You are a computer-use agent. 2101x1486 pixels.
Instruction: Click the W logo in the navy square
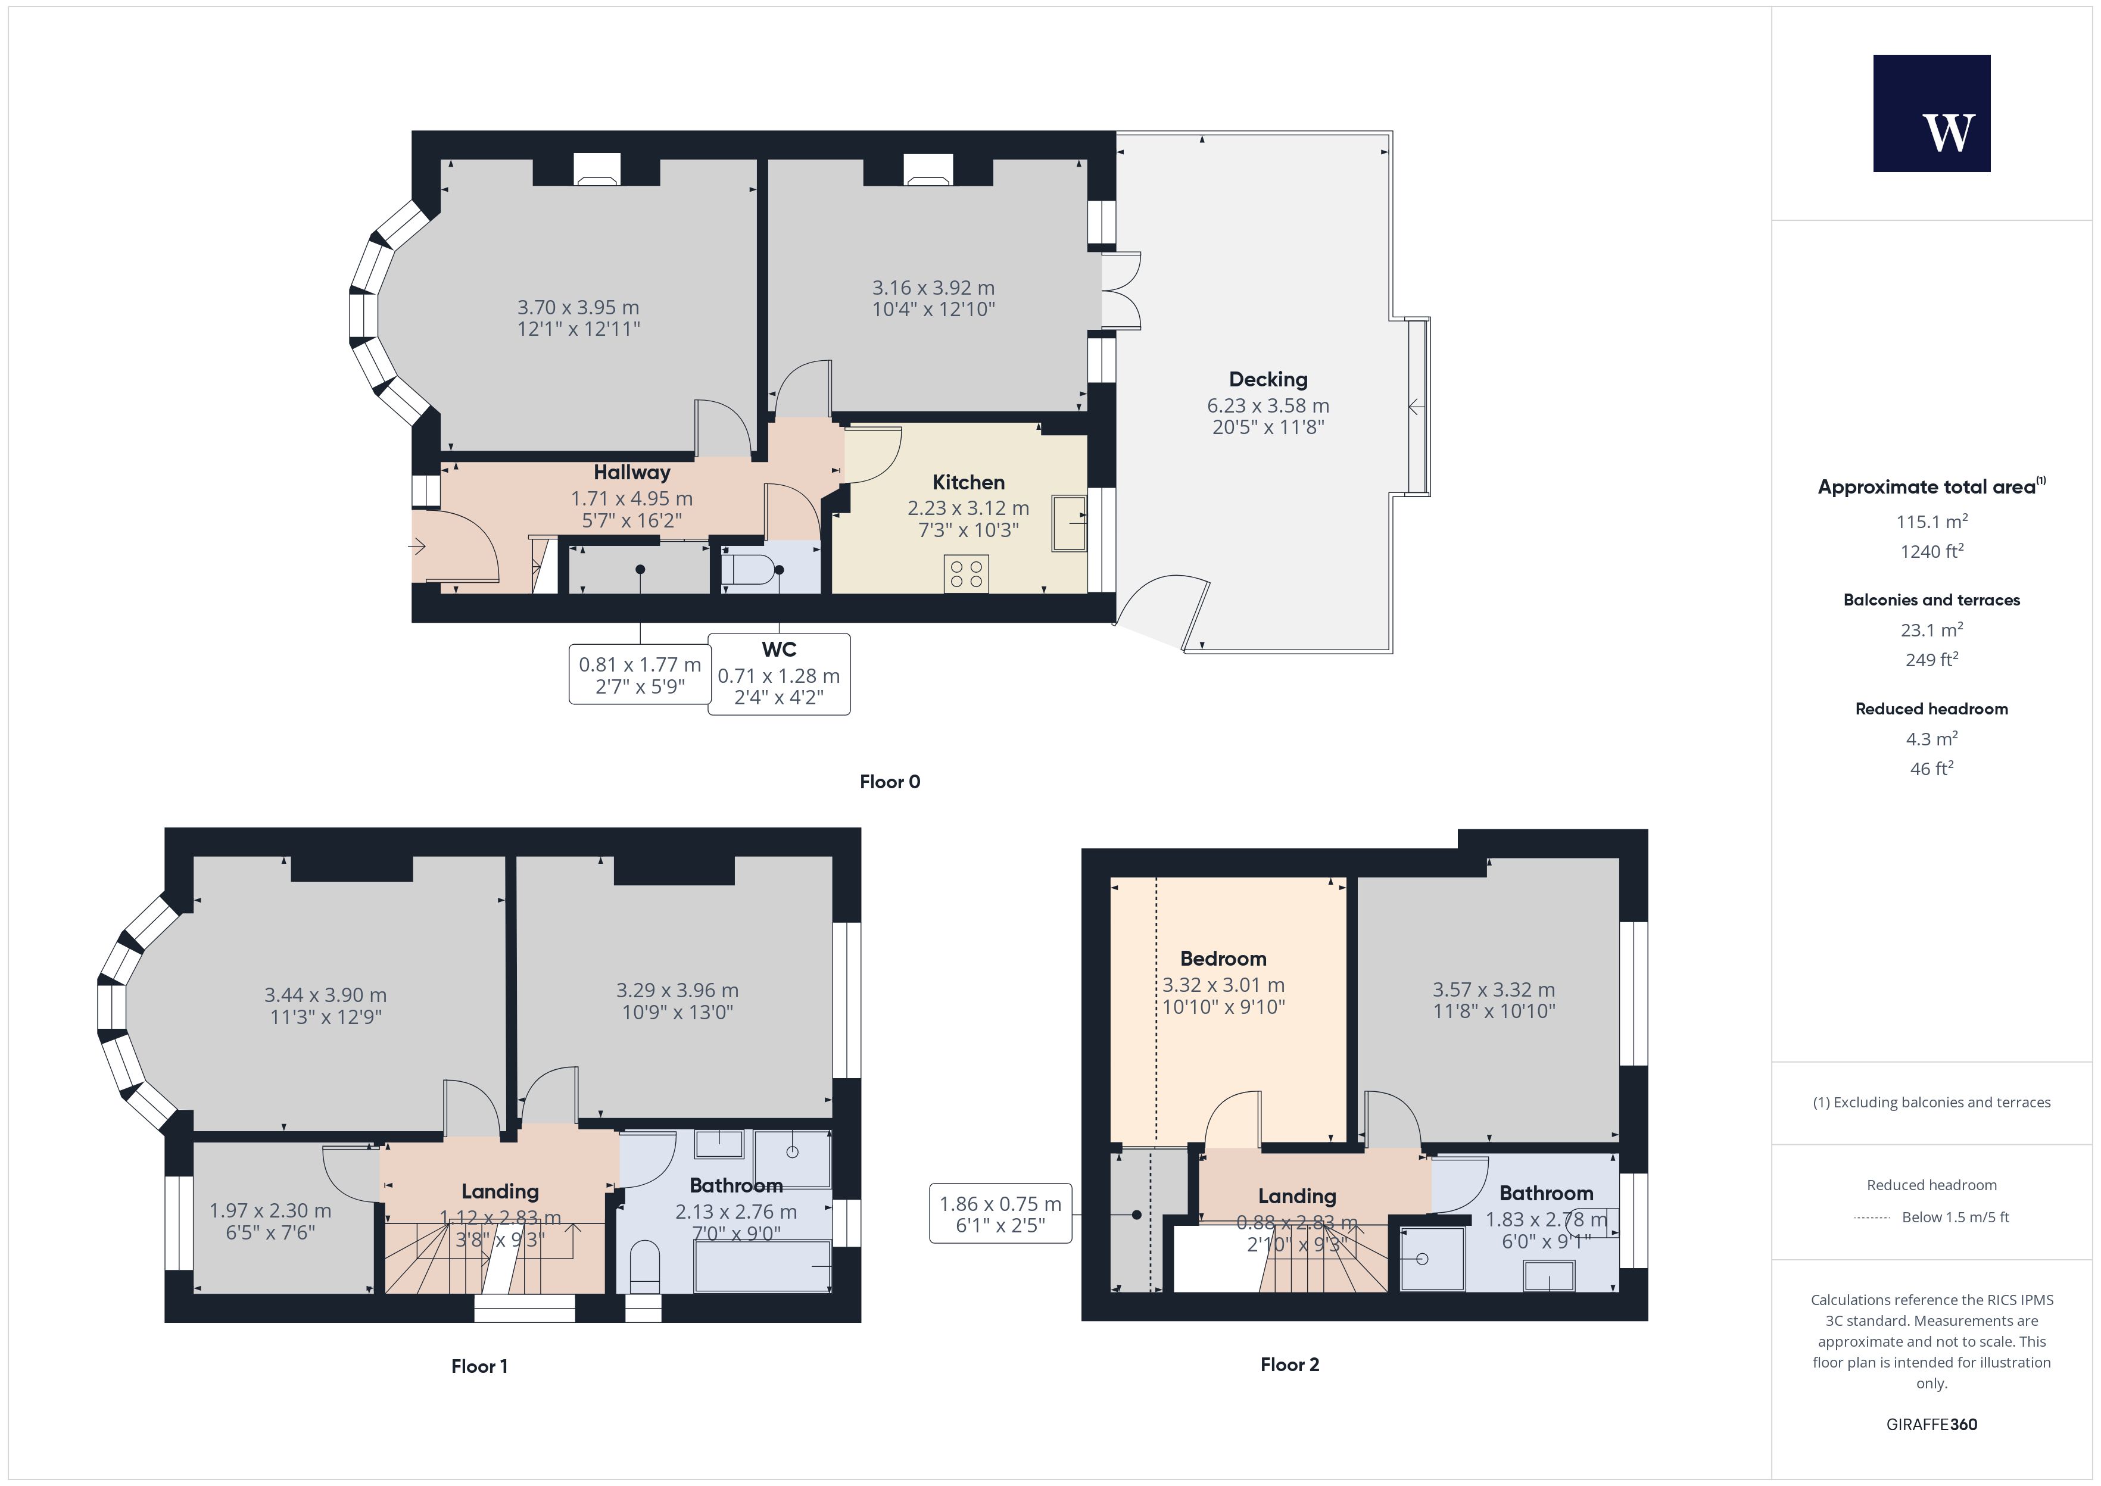point(1949,133)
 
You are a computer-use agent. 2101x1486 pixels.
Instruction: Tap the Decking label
point(1268,379)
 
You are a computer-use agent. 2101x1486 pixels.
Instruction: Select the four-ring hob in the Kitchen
point(967,574)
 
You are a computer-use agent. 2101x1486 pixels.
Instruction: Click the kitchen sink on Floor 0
point(1069,523)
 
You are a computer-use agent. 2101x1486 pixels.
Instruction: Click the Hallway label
point(631,472)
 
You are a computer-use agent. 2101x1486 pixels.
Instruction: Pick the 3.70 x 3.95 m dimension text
point(578,307)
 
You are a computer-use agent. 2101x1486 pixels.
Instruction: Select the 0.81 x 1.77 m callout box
point(640,675)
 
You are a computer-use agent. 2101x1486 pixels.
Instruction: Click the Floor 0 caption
point(890,782)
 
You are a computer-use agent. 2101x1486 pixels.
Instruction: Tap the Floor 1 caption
point(479,1366)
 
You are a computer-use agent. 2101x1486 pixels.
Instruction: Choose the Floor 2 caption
point(1289,1365)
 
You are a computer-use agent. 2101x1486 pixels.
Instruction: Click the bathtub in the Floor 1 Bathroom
point(762,1266)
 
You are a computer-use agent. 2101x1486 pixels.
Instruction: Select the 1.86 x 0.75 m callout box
point(1000,1213)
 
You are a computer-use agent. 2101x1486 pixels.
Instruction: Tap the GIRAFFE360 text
point(1932,1425)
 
